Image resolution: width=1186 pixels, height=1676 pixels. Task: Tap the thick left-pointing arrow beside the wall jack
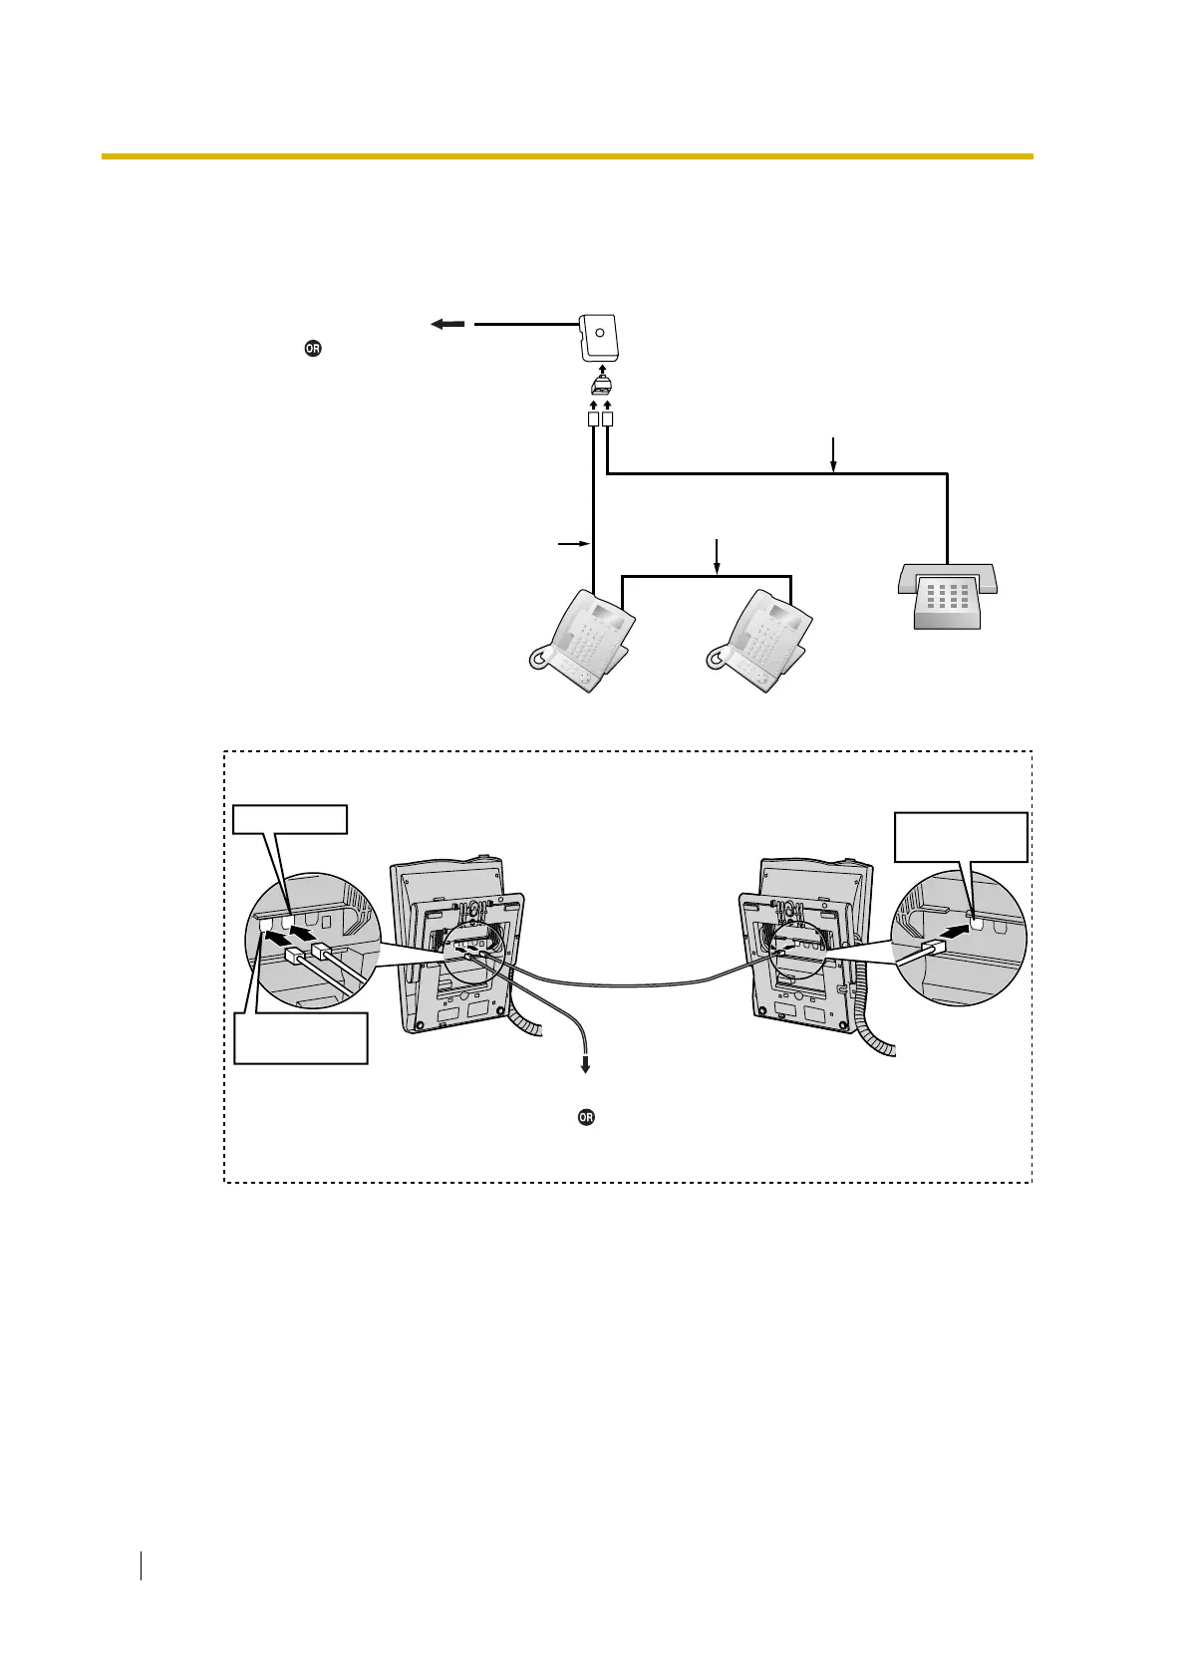point(448,324)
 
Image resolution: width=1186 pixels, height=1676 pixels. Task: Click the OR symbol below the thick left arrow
point(313,349)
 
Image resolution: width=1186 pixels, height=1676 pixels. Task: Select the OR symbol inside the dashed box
point(586,1117)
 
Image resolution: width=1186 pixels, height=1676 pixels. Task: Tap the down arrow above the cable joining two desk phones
point(717,556)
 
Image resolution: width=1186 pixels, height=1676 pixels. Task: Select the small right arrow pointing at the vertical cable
point(572,544)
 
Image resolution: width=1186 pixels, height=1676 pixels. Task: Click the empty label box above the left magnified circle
point(290,819)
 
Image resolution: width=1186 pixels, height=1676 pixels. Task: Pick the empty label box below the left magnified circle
point(301,1038)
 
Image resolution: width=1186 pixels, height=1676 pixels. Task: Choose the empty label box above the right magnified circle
point(961,837)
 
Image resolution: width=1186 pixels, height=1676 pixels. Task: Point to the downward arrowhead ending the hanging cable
point(586,1066)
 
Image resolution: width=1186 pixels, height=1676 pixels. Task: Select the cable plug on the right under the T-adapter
point(608,420)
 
